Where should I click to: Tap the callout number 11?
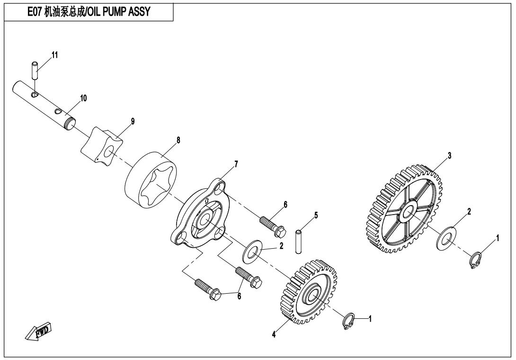54,54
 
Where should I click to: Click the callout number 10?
83,98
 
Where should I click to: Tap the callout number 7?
236,164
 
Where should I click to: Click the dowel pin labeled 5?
299,242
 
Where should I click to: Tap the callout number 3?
450,155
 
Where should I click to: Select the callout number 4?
274,334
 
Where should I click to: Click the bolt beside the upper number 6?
273,226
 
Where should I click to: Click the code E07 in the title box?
35,12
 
